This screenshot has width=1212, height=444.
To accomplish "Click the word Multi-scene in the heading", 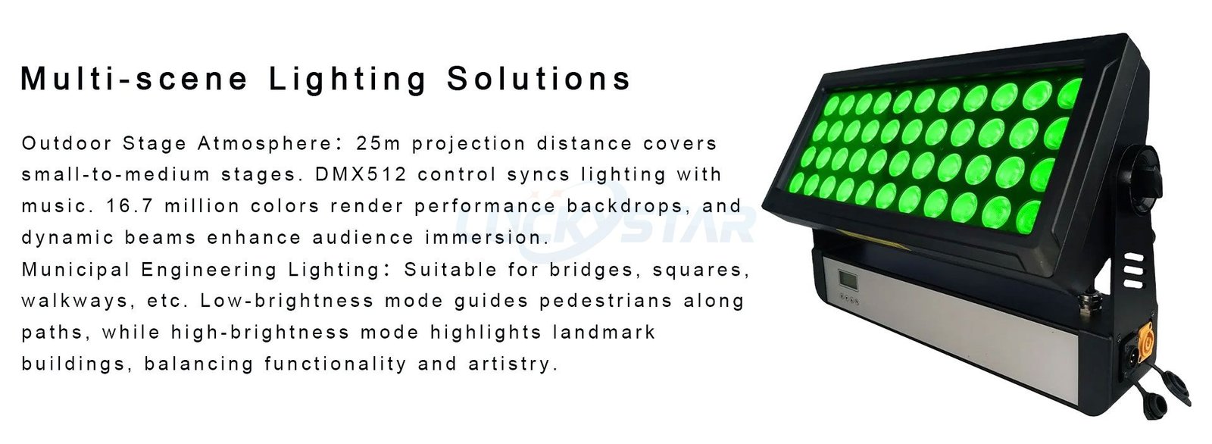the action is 134,79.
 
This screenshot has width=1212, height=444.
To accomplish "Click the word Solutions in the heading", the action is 539,79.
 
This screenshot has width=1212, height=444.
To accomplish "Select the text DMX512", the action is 361,174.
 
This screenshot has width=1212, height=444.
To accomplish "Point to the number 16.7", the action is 130,206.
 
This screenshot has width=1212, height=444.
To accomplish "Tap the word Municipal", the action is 76,270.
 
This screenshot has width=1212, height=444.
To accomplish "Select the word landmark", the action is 604,332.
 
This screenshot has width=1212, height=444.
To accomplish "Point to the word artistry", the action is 514,364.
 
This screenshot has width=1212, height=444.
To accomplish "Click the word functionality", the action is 336,364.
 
